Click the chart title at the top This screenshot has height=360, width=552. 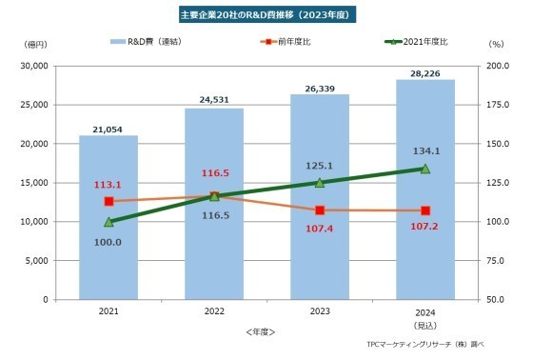(x=275, y=16)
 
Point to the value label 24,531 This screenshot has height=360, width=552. (x=214, y=98)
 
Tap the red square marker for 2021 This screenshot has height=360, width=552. (x=108, y=202)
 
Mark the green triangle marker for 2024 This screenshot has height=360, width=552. (x=424, y=169)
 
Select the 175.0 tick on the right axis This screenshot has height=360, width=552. (x=497, y=105)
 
